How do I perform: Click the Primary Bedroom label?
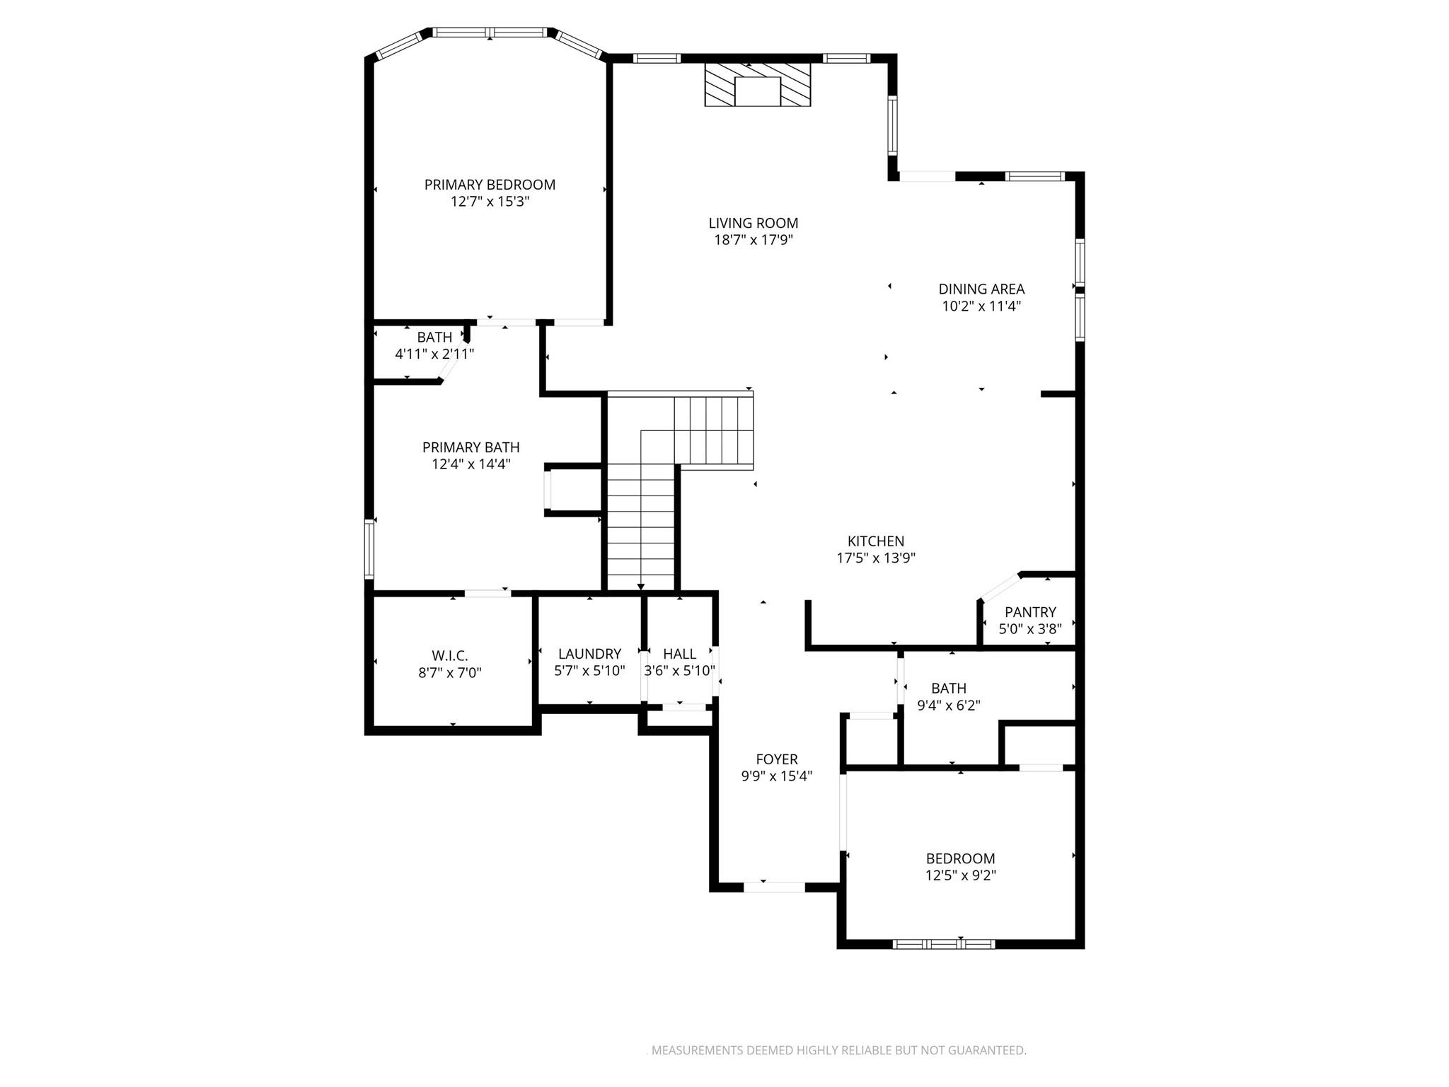tap(490, 185)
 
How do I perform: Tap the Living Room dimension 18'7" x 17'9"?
tap(753, 240)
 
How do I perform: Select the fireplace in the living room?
tap(757, 85)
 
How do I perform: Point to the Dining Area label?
tap(981, 289)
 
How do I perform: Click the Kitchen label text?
tap(876, 541)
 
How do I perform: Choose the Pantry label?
tap(1030, 612)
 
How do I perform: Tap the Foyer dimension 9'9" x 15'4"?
tap(776, 776)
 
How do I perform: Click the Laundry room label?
tap(589, 654)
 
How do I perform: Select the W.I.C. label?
tap(450, 656)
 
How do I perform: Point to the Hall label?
tap(679, 654)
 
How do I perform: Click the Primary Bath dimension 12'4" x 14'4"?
tap(471, 464)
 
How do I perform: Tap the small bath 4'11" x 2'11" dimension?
tap(434, 354)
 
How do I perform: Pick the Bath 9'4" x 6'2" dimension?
tap(949, 706)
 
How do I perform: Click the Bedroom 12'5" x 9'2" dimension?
tap(960, 875)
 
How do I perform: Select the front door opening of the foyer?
tap(774, 887)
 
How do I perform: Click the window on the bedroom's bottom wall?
tap(944, 943)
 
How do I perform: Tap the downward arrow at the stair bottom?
tap(641, 586)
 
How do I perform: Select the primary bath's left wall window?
tap(369, 549)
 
